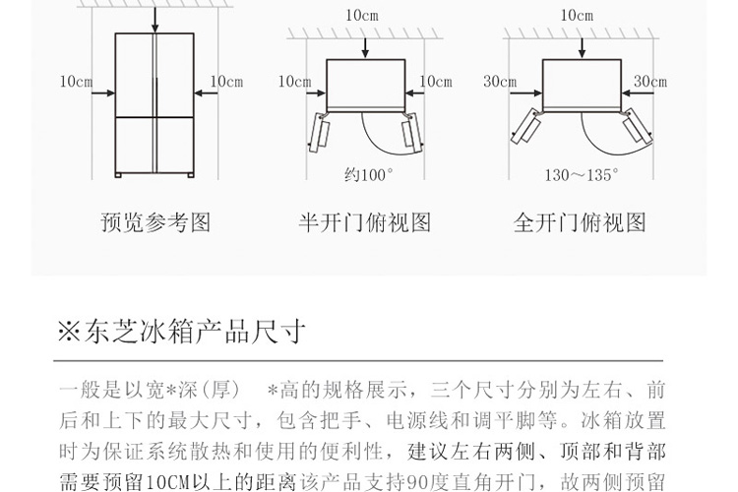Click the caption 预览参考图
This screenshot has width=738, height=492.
[x=155, y=223]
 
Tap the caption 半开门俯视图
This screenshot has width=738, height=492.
[x=365, y=223]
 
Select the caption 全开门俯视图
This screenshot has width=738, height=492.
[x=580, y=223]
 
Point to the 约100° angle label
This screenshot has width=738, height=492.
[x=367, y=175]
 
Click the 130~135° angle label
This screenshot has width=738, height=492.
[x=582, y=175]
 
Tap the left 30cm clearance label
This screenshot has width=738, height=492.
[x=500, y=82]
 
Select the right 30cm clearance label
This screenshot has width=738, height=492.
[x=650, y=82]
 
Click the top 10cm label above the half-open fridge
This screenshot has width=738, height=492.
[x=362, y=16]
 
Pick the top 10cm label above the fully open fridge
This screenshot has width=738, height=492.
[x=577, y=16]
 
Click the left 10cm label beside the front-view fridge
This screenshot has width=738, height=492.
[x=76, y=82]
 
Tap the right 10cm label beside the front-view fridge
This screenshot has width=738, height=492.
[x=226, y=82]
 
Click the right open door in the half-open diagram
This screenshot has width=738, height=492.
[x=412, y=132]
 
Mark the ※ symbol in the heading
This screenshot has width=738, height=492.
[x=68, y=332]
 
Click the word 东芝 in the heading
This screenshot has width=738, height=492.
[x=108, y=332]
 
